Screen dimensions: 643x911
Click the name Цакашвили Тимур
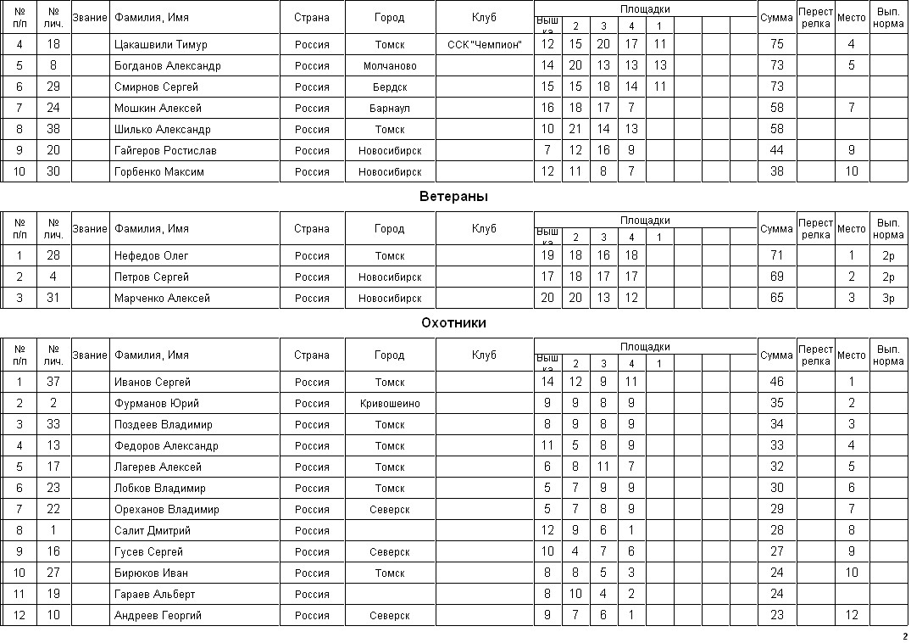(161, 45)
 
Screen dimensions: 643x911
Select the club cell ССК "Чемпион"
(485, 45)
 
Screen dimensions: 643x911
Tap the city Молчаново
(390, 66)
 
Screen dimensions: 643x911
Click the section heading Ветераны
(453, 197)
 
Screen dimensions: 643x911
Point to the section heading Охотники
(453, 323)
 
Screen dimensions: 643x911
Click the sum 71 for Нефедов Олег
(776, 256)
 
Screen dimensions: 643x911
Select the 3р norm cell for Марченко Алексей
(888, 299)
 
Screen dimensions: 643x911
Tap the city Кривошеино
(390, 404)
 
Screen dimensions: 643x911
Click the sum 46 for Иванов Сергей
(776, 383)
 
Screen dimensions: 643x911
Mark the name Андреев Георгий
(159, 616)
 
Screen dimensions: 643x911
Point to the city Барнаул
(390, 109)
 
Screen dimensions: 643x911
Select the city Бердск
(390, 87)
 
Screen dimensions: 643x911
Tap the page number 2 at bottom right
(904, 636)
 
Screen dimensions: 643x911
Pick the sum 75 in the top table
(776, 45)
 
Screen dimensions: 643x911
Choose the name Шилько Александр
(163, 130)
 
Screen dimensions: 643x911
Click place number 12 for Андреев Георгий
(852, 616)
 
